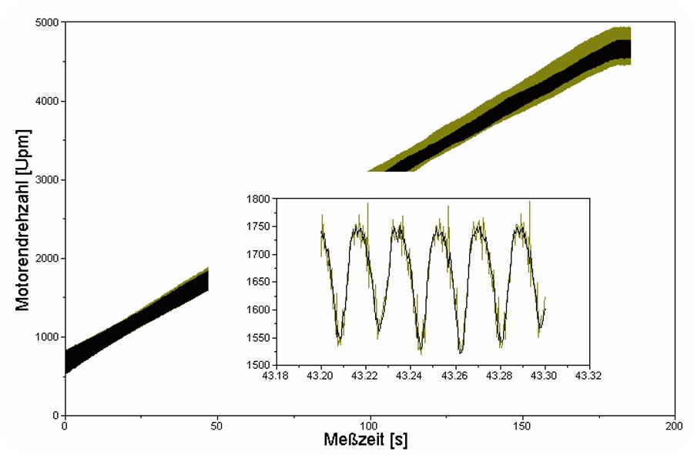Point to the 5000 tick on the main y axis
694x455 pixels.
click(x=48, y=22)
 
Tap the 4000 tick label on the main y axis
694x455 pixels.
click(x=48, y=101)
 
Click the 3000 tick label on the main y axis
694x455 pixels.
click(x=48, y=180)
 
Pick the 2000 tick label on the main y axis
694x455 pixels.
click(x=48, y=259)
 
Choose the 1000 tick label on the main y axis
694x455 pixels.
click(x=48, y=337)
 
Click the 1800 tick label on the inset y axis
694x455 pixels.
click(x=257, y=199)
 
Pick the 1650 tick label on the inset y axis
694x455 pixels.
click(x=257, y=282)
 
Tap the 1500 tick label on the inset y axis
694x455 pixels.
click(x=257, y=365)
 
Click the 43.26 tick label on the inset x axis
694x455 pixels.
click(x=456, y=376)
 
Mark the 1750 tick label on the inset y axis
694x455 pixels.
click(x=257, y=226)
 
